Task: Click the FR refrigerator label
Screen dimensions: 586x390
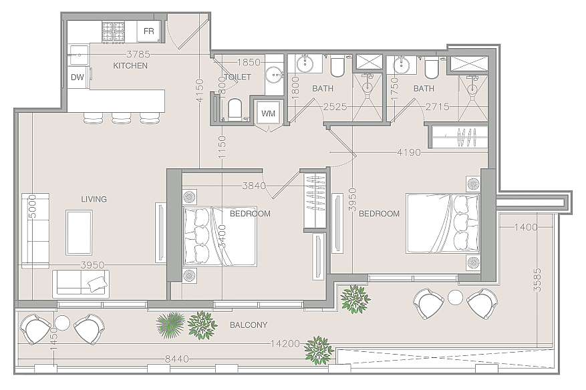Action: pyautogui.click(x=149, y=31)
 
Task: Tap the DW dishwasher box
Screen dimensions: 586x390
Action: pyautogui.click(x=78, y=77)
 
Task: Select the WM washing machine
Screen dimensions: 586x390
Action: pyautogui.click(x=268, y=113)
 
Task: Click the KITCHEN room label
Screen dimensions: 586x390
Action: pyautogui.click(x=130, y=65)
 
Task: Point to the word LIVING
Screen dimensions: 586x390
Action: pyautogui.click(x=94, y=199)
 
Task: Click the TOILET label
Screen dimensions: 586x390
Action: pyautogui.click(x=238, y=77)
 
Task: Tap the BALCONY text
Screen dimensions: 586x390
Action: pyautogui.click(x=249, y=325)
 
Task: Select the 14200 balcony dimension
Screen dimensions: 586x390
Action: pyautogui.click(x=285, y=344)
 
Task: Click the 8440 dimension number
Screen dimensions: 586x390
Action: pyautogui.click(x=177, y=359)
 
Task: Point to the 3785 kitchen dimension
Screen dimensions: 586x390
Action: pyautogui.click(x=138, y=55)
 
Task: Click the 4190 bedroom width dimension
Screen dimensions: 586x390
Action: pyautogui.click(x=409, y=152)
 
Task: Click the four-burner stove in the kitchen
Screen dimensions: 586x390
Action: pyautogui.click(x=113, y=31)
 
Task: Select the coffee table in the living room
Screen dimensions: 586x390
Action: pyautogui.click(x=80, y=232)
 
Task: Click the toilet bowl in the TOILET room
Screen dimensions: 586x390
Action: pyautogui.click(x=235, y=108)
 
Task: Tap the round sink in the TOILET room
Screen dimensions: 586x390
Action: pyautogui.click(x=275, y=74)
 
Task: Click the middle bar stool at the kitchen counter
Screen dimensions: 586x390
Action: pyautogui.click(x=121, y=118)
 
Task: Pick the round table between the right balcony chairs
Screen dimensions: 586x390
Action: pyautogui.click(x=455, y=298)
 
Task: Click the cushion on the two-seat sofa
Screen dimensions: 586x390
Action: pyautogui.click(x=97, y=284)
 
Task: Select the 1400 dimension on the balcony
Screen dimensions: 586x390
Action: pyautogui.click(x=526, y=227)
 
